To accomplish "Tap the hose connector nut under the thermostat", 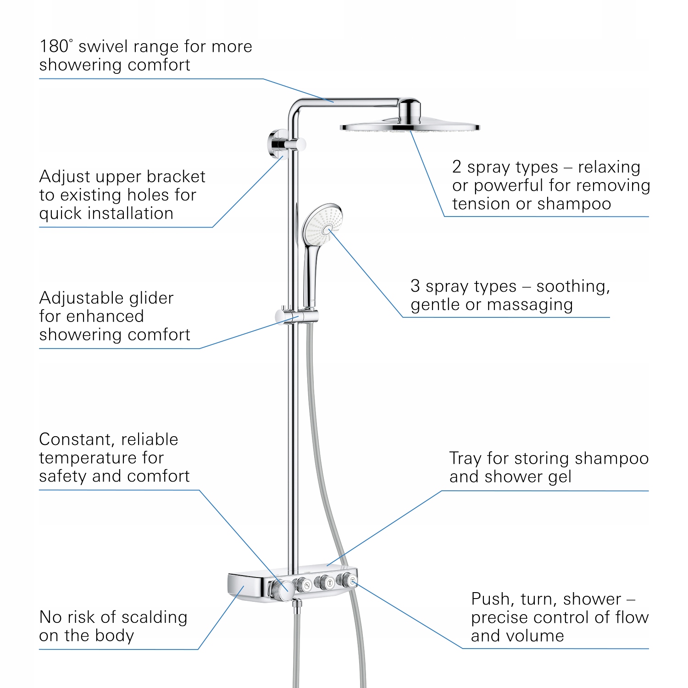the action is pyautogui.click(x=297, y=605).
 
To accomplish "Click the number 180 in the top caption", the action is pyautogui.click(x=54, y=47).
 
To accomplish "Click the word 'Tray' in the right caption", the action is pyautogui.click(x=465, y=459).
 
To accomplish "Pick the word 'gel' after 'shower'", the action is pyautogui.click(x=560, y=477).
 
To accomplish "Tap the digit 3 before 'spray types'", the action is pyautogui.click(x=415, y=286).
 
